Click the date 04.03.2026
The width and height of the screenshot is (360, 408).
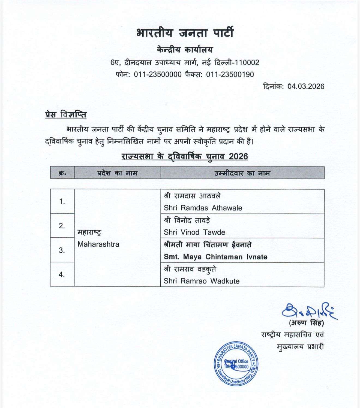pos(306,87)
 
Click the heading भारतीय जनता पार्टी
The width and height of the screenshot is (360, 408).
pos(185,33)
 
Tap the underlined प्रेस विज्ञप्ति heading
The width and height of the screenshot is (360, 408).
pos(66,115)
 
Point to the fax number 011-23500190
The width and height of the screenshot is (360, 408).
pos(230,74)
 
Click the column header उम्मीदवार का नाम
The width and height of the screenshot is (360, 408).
pos(242,173)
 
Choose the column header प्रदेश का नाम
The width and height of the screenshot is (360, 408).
pos(117,173)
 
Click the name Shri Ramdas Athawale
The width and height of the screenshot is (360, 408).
pos(203,208)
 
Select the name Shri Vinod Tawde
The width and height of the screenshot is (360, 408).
pos(194,232)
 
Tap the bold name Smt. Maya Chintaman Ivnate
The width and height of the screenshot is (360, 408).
pos(215,257)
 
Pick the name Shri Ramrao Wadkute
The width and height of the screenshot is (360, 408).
pos(202,281)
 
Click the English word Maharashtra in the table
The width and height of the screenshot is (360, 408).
pos(98,244)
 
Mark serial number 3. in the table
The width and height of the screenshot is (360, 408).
pos(62,250)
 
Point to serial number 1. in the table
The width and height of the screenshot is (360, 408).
pos(62,202)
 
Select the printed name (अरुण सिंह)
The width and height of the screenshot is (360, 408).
pos(306,323)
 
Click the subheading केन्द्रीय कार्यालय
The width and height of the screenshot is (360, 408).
pos(185,50)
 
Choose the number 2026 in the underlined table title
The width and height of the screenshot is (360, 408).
pos(238,156)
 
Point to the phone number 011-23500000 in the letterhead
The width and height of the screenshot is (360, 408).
pos(158,74)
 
